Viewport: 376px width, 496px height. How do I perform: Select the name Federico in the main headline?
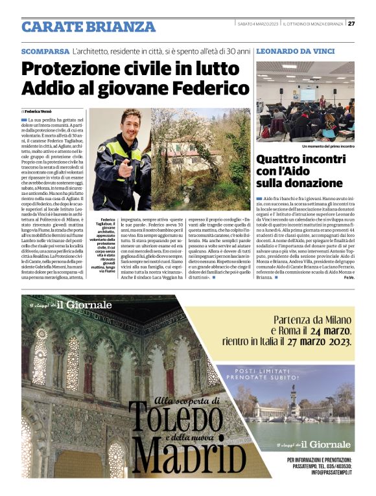[213, 87]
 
